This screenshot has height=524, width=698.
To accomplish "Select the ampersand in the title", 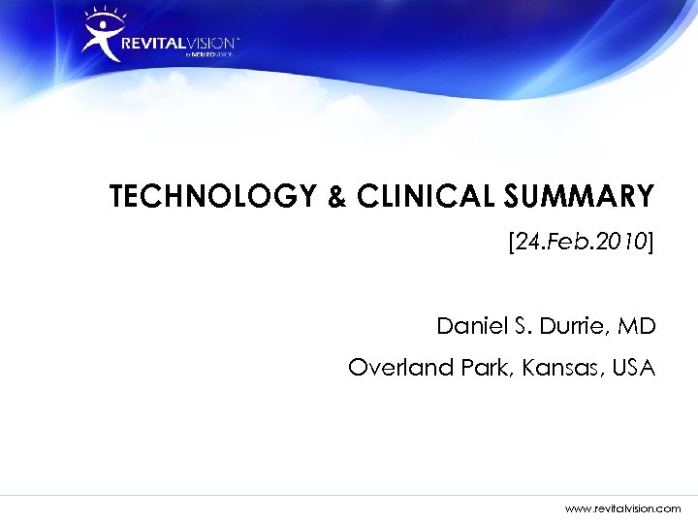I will pyautogui.click(x=335, y=199).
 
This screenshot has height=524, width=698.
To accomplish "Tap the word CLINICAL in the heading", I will pyautogui.click(x=428, y=198).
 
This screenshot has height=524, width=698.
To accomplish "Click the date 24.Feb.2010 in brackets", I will pyautogui.click(x=582, y=242).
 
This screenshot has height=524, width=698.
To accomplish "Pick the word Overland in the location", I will pyautogui.click(x=391, y=369).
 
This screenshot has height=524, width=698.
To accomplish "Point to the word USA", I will pyautogui.click(x=633, y=369).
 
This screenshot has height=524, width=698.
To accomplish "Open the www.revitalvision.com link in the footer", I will pyautogui.click(x=623, y=508).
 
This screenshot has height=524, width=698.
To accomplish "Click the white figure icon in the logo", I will pyautogui.click(x=100, y=40).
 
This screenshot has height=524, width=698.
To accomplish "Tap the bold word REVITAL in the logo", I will pyautogui.click(x=154, y=44).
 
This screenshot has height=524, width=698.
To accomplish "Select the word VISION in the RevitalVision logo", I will pyautogui.click(x=207, y=44).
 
